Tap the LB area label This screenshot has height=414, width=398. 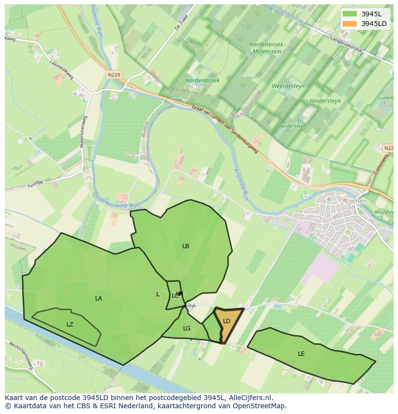[186, 246]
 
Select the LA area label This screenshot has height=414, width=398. [99, 299]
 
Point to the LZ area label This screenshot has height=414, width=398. [70, 325]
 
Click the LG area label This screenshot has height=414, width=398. [187, 328]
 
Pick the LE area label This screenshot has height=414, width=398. [301, 354]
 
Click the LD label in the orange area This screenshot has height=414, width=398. [227, 321]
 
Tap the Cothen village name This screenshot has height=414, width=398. [356, 201]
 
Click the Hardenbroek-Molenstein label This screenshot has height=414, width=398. [267, 48]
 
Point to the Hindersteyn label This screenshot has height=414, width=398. [325, 101]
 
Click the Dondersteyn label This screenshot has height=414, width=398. [292, 126]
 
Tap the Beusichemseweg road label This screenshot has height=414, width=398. [20, 356]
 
